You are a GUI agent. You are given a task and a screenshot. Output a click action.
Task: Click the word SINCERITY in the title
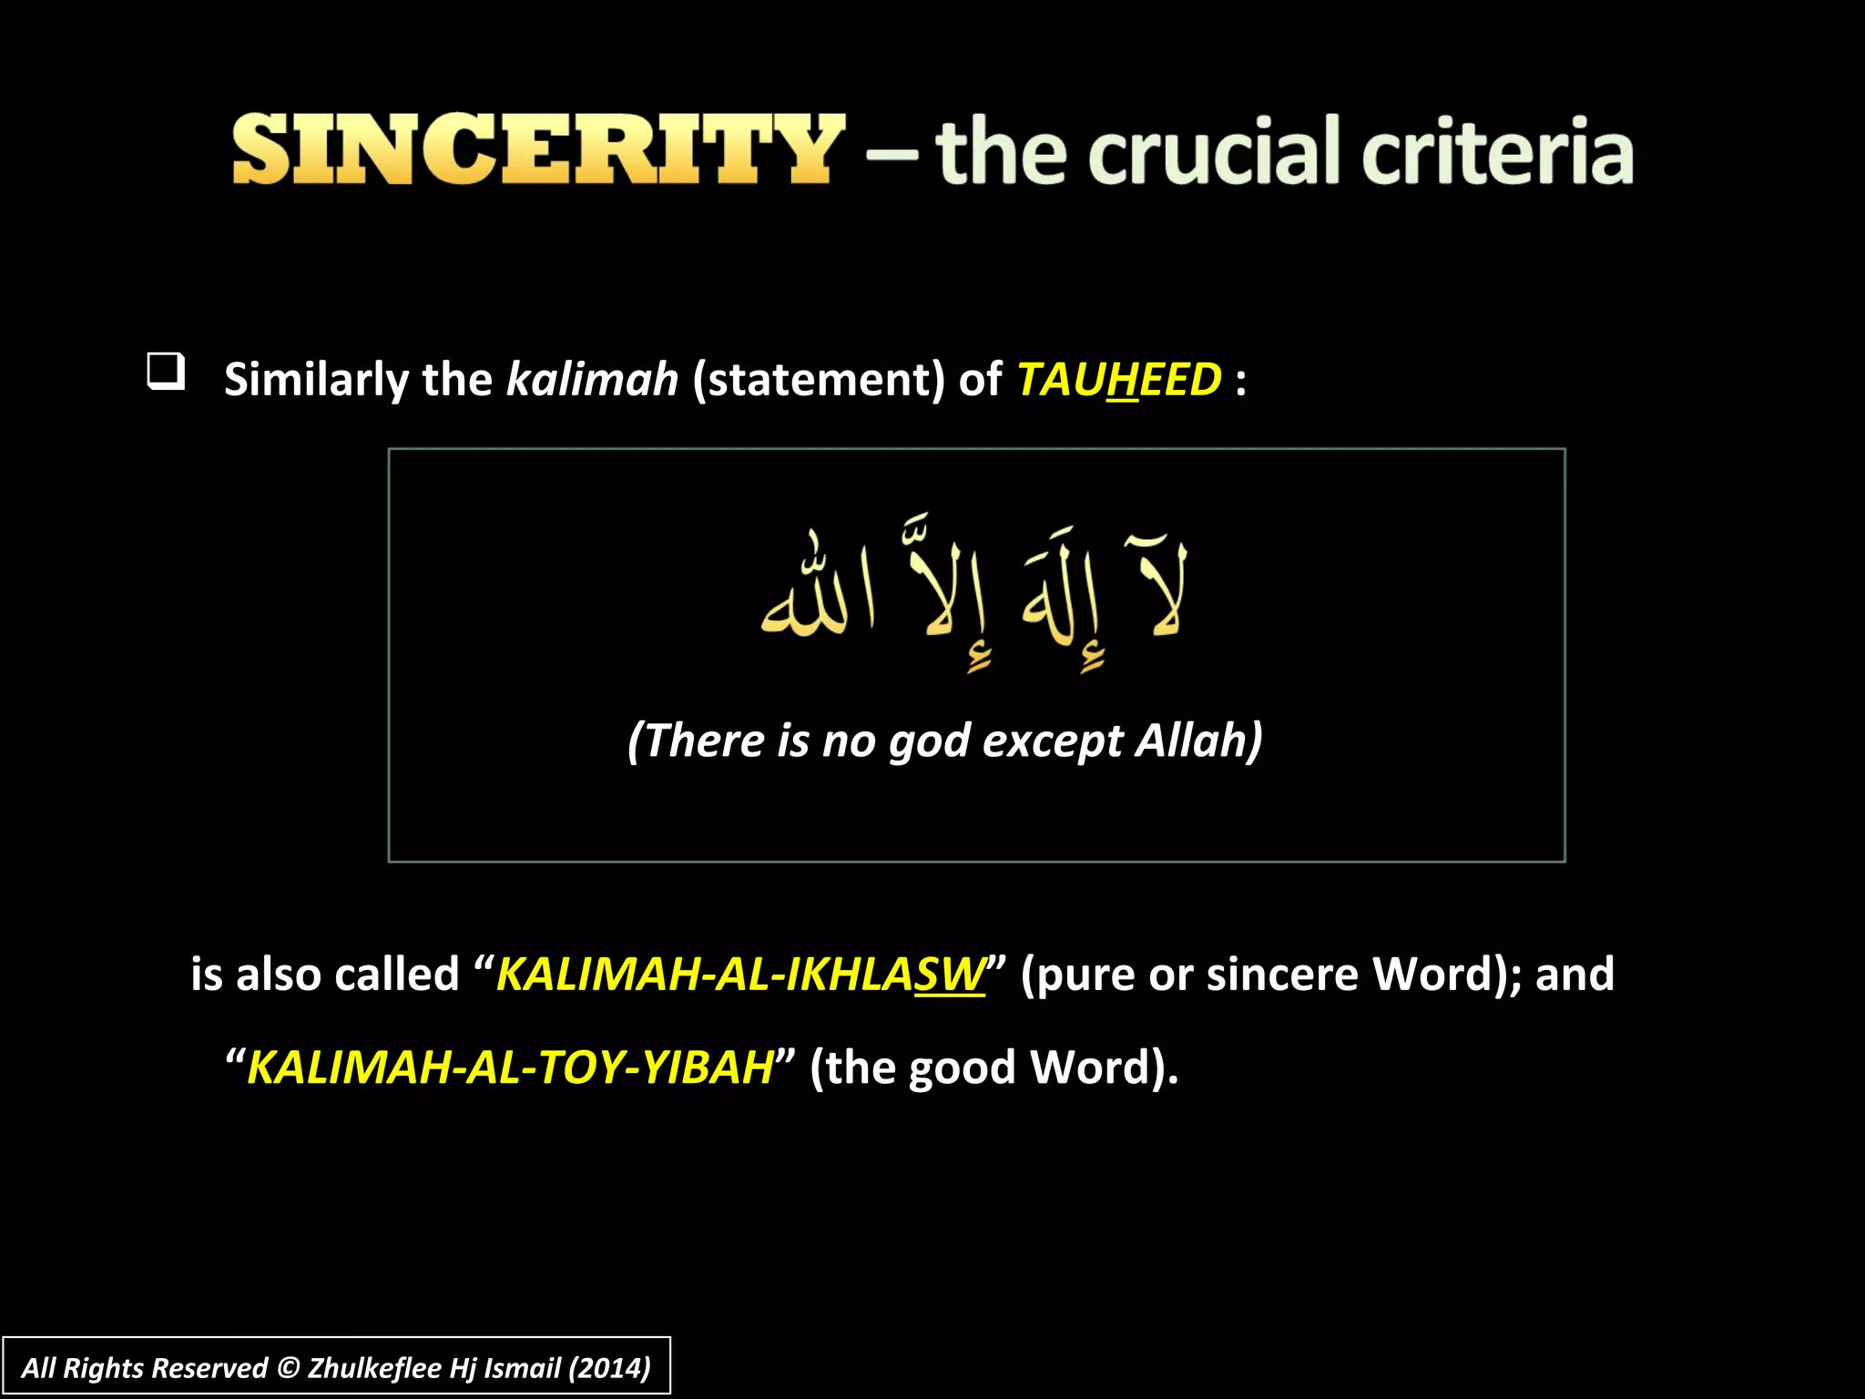point(537,149)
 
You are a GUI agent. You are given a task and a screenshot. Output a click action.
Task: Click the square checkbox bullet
point(167,372)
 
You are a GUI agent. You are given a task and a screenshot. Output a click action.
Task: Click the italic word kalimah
point(592,379)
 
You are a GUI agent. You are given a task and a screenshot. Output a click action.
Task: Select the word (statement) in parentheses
point(819,379)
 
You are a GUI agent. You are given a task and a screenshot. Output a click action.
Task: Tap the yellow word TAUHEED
point(1118,379)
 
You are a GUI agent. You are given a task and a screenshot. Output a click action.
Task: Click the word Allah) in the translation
point(1198,740)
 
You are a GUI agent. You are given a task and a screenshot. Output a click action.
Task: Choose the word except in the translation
point(1053,741)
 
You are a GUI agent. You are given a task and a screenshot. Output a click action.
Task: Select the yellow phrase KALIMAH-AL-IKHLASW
point(739,974)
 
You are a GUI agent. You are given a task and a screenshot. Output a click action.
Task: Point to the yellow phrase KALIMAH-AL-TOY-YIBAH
point(510,1067)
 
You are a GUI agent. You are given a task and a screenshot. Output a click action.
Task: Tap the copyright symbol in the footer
point(288,1368)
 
